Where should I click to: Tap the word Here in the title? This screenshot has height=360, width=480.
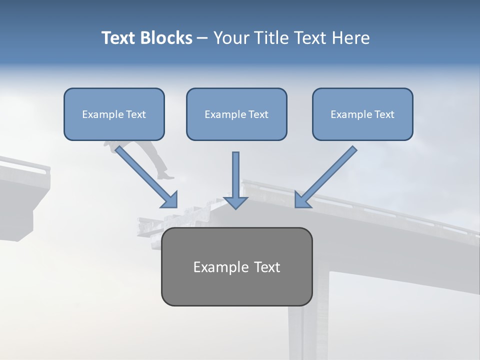[351, 38]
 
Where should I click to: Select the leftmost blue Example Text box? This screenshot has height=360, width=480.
[114, 114]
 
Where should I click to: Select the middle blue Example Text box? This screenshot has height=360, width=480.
[236, 114]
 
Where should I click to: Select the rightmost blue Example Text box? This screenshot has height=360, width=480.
[362, 114]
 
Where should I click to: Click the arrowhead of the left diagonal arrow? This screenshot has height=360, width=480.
[170, 200]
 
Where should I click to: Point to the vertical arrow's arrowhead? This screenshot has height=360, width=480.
[235, 202]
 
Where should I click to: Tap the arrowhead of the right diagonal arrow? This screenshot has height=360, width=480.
[301, 200]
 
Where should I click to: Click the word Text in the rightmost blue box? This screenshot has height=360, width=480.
[384, 114]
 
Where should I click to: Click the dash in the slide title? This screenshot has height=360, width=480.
[202, 38]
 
